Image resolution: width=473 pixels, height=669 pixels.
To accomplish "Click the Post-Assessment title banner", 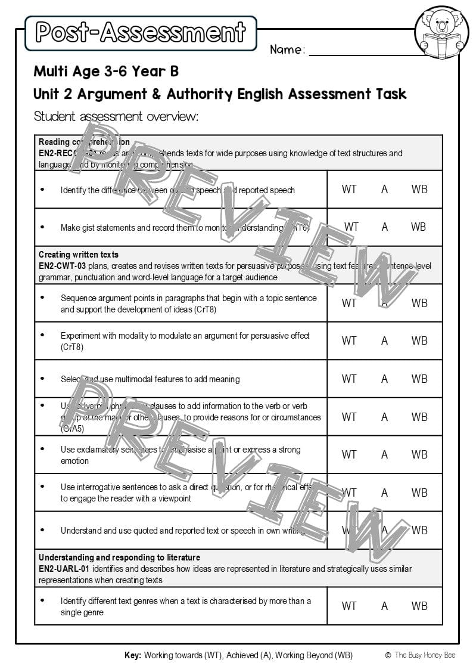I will [141, 33].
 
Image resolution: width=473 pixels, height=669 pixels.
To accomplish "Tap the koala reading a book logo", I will [441, 33].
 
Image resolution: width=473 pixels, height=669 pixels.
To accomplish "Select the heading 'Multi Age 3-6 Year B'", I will [106, 72].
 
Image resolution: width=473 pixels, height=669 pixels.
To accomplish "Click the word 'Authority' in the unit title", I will [200, 94].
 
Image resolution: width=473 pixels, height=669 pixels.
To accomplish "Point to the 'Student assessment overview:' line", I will [116, 116].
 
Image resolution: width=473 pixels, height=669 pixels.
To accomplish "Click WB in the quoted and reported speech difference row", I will [419, 190].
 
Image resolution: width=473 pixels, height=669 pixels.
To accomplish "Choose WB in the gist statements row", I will [419, 227].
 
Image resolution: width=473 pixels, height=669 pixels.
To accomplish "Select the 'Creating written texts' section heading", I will [79, 255].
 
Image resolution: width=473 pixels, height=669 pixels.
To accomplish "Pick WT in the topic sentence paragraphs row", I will [349, 303].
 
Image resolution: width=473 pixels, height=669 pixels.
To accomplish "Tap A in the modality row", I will [385, 341].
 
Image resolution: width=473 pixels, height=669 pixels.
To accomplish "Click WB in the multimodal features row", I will [419, 379].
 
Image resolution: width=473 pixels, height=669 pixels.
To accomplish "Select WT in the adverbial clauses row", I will [349, 417].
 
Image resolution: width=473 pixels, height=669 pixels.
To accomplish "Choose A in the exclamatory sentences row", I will [385, 454].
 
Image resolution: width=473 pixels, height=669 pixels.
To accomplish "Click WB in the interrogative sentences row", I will [419, 493].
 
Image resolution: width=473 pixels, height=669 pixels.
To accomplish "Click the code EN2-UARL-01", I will [64, 569].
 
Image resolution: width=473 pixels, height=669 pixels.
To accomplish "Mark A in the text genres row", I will [385, 606].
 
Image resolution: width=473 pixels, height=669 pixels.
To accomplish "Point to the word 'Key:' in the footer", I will [133, 655].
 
